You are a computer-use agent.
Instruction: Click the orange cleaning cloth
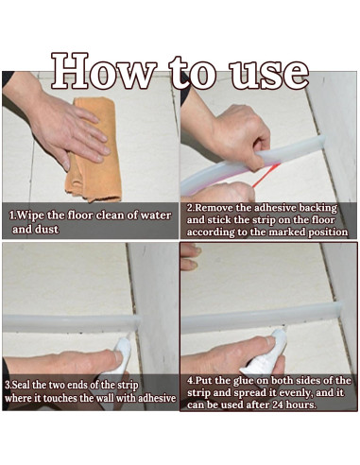[94, 149]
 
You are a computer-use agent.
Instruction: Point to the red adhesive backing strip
[266, 175]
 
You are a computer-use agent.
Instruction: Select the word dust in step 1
[46, 229]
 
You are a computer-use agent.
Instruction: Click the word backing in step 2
[317, 209]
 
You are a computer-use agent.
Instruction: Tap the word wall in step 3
[105, 398]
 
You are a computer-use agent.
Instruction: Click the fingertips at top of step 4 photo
[191, 256]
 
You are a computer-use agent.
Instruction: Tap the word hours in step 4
[301, 405]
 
